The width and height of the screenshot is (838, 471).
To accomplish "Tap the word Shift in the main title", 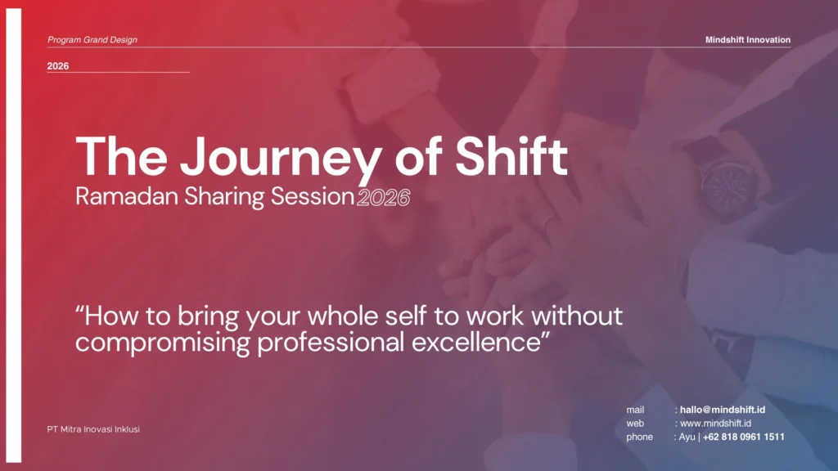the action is tap(511, 156).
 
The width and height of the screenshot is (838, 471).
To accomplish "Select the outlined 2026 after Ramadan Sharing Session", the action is tap(384, 198).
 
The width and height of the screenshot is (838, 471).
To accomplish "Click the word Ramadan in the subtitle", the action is tap(127, 196).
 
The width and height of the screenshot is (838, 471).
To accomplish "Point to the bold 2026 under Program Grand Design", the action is tap(58, 66).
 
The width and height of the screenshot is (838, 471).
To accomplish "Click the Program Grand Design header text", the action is tap(92, 39).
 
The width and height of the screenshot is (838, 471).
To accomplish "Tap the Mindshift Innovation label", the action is tap(748, 39).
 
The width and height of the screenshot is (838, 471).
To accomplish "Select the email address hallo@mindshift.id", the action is tap(723, 410).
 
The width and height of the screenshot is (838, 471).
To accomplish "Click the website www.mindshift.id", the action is tap(715, 424).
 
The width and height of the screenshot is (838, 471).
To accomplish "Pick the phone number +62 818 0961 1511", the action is tap(743, 437).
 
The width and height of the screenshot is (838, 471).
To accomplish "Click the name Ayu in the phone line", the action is tap(687, 437).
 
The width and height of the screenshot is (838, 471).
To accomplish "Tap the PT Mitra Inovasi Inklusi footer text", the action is tap(93, 429).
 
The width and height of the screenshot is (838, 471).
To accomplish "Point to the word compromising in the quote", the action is tap(163, 343).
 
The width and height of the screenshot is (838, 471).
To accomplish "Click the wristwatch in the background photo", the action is tap(727, 181).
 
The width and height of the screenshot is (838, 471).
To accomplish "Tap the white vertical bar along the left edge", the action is tap(14, 235).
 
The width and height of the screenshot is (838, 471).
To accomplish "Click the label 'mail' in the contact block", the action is tap(635, 410).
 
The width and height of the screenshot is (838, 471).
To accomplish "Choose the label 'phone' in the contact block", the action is tap(640, 437).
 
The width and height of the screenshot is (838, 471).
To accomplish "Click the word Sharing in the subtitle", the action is tap(224, 196).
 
